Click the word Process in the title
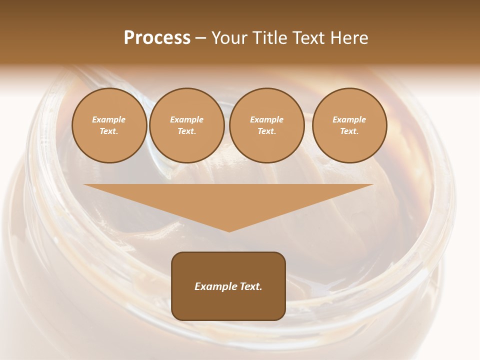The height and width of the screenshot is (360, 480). pos(157,38)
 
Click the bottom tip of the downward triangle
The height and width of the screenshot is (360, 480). pos(229,230)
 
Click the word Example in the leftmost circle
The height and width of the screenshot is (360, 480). pos(109,119)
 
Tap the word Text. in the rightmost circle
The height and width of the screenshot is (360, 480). pos(349,131)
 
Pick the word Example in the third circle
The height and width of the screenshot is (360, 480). pos(267,119)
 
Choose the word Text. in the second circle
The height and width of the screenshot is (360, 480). pos(187,131)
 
